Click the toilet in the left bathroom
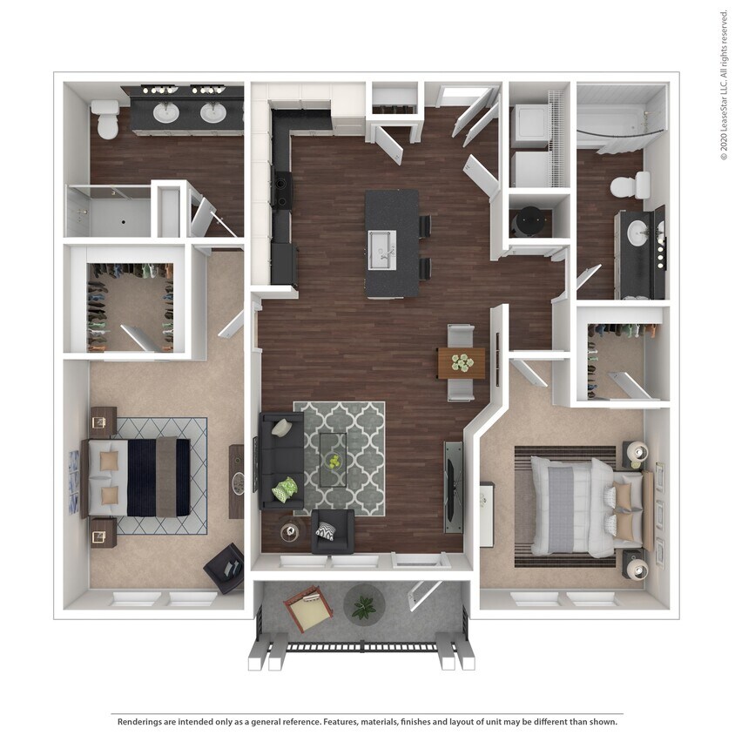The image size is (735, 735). pos(107,119)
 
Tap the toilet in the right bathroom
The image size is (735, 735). pos(630,185)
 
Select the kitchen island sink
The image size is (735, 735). pos(382,250)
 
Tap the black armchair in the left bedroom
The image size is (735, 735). pos(225,567)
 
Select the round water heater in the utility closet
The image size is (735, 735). pos(529,223)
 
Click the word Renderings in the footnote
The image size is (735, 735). pos(142,721)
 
